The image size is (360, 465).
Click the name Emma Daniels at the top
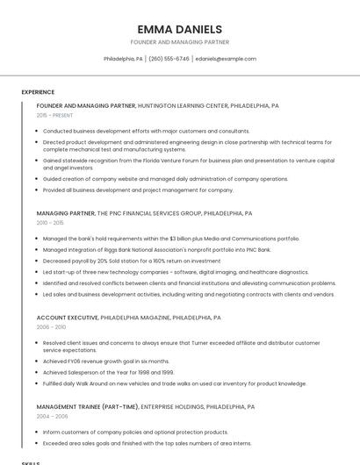coord(179,29)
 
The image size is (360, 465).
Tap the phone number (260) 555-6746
coord(169,59)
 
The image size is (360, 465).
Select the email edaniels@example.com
coord(226,59)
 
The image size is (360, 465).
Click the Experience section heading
coord(38,92)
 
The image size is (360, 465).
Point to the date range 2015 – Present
coord(54,115)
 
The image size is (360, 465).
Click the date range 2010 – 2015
coord(50,223)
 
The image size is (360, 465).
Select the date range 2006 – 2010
coord(51,326)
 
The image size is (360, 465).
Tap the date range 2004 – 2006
coord(51,417)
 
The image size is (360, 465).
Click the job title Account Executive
coord(67,318)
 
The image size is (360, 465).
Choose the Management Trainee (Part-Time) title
coord(87,407)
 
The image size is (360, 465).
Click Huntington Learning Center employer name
coord(183,105)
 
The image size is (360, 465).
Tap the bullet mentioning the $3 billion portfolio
coord(171,238)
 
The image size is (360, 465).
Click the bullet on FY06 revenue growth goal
coord(105,361)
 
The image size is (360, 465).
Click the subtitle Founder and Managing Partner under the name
coord(179,42)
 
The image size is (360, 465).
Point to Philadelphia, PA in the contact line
coord(123,59)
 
